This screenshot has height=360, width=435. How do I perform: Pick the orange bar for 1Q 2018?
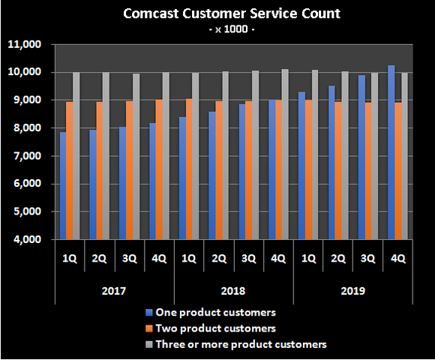(x=189, y=169)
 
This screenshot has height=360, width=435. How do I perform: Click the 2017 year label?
(x=114, y=289)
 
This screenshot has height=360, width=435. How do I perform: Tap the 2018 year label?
(x=233, y=289)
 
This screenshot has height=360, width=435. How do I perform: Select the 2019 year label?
(x=352, y=289)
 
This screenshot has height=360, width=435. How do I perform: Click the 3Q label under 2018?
(x=248, y=258)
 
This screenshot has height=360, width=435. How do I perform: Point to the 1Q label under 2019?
(x=307, y=258)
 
